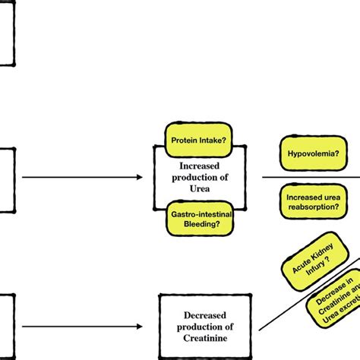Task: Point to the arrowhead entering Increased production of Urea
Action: point(138,178)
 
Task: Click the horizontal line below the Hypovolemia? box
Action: point(311,178)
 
